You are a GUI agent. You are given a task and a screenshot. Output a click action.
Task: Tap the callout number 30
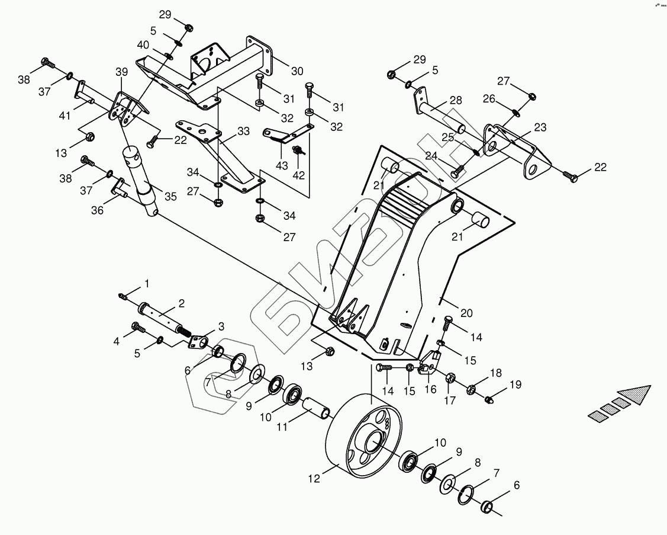pyautogui.click(x=297, y=71)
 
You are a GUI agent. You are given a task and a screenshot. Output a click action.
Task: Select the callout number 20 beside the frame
pyautogui.click(x=466, y=313)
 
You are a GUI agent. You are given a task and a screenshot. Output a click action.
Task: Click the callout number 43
pyautogui.click(x=282, y=166)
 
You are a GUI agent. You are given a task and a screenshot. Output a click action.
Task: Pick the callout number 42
pyautogui.click(x=299, y=175)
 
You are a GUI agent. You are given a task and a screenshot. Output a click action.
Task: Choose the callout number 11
pyautogui.click(x=282, y=427)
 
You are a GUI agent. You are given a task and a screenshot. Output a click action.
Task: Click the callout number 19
pyautogui.click(x=515, y=385)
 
